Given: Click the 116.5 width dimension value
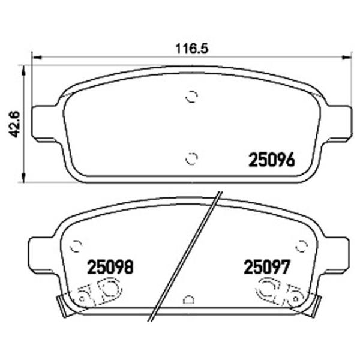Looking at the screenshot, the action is [192, 49].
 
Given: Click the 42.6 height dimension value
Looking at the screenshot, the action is [14, 124].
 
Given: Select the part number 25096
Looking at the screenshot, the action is [272, 160].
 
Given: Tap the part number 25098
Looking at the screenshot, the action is [110, 267].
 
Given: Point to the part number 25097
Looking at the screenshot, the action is [267, 267].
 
